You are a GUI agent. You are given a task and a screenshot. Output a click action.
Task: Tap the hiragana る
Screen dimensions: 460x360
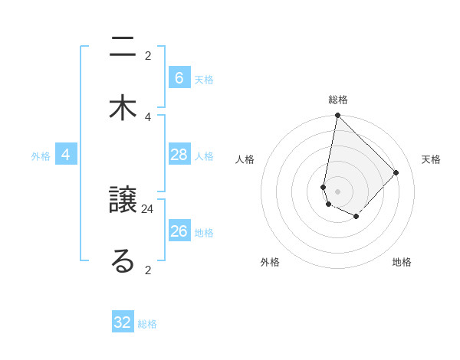tap(123, 260)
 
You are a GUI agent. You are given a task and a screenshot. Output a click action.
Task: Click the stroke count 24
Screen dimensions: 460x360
tap(148, 208)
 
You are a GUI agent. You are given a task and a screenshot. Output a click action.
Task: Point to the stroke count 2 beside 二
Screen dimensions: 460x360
tap(148, 55)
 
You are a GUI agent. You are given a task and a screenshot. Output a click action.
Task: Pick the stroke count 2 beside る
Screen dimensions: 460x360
tap(148, 270)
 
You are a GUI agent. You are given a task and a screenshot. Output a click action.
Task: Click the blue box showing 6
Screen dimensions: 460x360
tap(179, 77)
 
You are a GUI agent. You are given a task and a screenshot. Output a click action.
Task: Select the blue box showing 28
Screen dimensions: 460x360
tap(179, 155)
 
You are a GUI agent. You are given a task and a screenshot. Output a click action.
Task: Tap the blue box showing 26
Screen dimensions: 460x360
tap(179, 231)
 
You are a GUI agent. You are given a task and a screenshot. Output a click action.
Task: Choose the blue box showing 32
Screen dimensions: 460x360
tap(123, 322)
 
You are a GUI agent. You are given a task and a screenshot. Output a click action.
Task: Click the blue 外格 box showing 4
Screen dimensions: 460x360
tap(66, 155)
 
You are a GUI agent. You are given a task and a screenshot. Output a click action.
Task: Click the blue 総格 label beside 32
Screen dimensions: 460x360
tap(147, 324)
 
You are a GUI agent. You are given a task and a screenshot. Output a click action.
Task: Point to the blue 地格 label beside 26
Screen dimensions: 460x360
tap(204, 233)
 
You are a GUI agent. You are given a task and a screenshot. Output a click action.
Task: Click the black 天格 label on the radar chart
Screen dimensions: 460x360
tap(431, 159)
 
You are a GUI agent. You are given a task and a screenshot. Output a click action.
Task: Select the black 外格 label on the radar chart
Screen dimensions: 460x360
tap(270, 262)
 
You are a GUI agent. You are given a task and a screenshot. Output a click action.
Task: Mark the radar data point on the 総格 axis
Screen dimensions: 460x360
tap(337, 116)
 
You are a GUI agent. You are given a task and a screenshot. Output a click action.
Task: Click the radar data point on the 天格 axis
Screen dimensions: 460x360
tap(396, 172)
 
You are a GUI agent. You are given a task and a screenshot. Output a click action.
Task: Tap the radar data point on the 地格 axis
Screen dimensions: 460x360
tap(356, 217)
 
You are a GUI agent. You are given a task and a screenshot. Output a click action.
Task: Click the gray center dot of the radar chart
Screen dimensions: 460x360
tap(337, 191)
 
